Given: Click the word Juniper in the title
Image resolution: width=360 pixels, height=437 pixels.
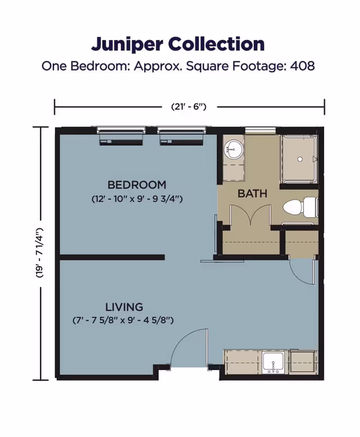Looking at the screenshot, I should pos(127,44).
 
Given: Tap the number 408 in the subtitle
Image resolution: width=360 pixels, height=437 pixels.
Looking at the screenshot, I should pos(302,66).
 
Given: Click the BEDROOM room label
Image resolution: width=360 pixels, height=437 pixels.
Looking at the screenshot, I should pos(137,184).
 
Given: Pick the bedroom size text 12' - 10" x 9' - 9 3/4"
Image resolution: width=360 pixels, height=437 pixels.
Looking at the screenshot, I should pos(137,199).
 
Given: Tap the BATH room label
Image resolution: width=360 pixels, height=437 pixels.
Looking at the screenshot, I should pos(252,194).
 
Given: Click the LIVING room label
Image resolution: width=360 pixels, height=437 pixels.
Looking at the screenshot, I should pos(124,307).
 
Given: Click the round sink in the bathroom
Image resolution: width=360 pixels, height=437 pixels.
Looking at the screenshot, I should pos(233,149).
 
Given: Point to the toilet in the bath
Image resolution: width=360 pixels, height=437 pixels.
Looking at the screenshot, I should pos(298,208).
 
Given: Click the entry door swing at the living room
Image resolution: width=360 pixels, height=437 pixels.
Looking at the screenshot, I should pos(189,349).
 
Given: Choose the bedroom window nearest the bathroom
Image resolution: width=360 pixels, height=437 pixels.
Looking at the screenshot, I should pos(181,136).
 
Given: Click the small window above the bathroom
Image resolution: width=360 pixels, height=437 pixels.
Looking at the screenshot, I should pos(260,131).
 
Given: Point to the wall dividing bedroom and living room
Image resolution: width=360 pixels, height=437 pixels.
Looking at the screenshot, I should pos(112,258).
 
